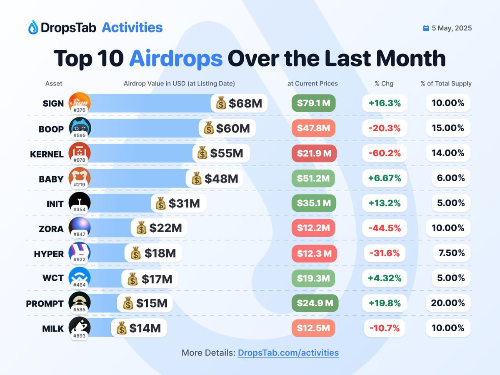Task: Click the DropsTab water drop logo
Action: [33, 27]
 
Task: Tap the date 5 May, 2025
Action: [451, 28]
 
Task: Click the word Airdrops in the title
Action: [175, 58]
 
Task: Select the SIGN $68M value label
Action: [239, 103]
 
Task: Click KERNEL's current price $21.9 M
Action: [314, 153]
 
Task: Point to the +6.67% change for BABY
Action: [384, 178]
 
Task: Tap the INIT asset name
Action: [55, 204]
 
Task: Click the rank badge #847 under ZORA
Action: [79, 234]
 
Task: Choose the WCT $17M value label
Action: [150, 279]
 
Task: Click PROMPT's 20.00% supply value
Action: [448, 303]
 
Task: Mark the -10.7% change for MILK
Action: [384, 328]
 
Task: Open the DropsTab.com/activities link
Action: [288, 352]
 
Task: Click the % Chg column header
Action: [384, 83]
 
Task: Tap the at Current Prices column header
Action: [312, 83]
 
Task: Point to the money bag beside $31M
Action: [160, 203]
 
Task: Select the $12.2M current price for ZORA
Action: [313, 228]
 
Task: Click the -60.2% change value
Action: [384, 153]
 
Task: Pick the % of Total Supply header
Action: [446, 83]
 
